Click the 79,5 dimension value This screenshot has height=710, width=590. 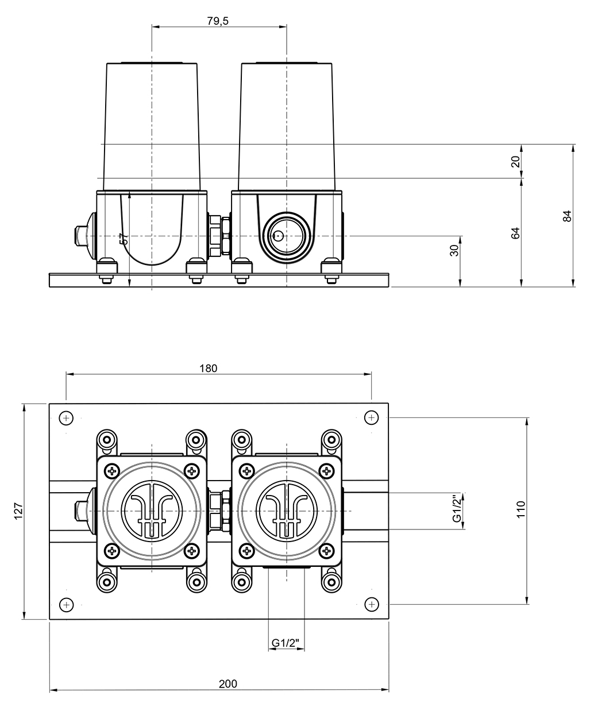(218, 21)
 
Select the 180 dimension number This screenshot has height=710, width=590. (208, 369)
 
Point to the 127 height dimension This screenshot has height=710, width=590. (18, 511)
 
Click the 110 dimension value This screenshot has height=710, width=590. (520, 509)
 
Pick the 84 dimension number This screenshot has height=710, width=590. (567, 216)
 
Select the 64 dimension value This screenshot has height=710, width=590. (515, 233)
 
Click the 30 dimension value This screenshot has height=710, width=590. (454, 251)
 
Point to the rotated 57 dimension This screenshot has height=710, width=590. (125, 239)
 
